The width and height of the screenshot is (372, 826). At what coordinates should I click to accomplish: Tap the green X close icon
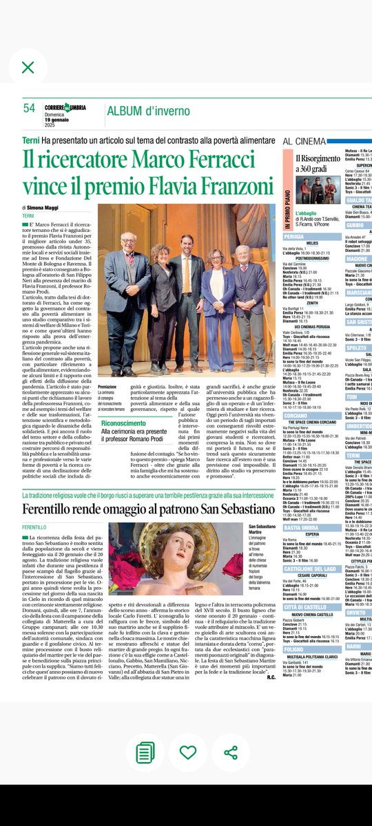point(28,67)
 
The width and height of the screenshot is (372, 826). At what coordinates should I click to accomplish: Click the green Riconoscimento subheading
point(130,423)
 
